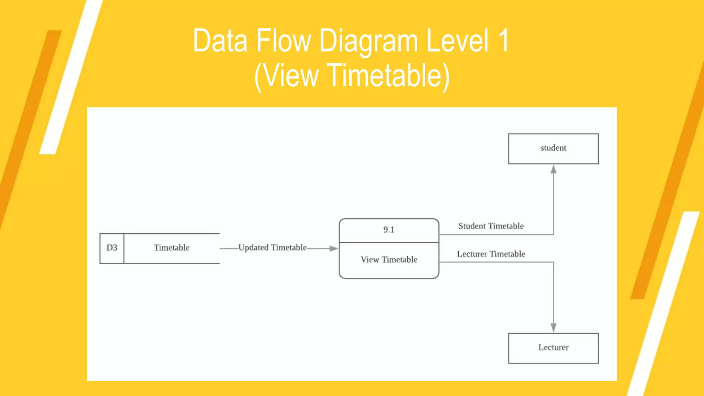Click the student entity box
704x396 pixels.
[553, 148]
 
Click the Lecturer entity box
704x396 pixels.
[553, 348]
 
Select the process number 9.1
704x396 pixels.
[389, 230]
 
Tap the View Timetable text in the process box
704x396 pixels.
[389, 260]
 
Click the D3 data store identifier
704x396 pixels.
[112, 248]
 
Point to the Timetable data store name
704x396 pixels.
[172, 248]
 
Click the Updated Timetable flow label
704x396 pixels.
[272, 247]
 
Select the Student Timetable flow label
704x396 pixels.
[491, 226]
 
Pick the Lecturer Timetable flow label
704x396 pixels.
[491, 254]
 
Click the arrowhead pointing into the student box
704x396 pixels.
[553, 169]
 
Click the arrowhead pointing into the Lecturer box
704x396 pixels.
[553, 328]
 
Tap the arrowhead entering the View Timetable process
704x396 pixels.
[333, 248]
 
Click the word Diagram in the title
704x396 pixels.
[368, 41]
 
